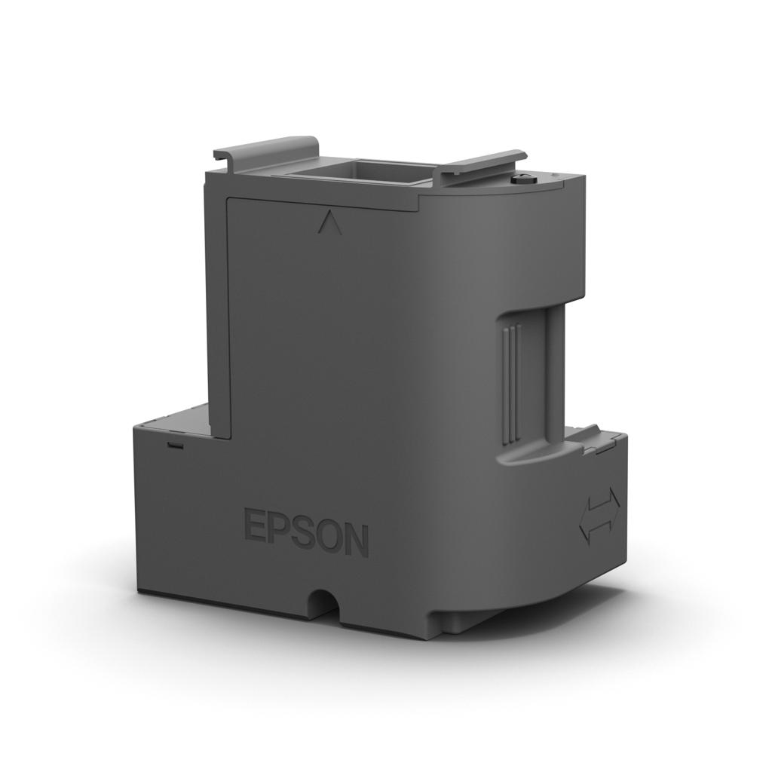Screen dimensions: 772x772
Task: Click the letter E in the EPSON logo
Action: pyautogui.click(x=255, y=525)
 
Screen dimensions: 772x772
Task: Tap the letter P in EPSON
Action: pyautogui.click(x=277, y=528)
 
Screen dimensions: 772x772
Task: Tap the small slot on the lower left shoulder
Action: pyautogui.click(x=175, y=443)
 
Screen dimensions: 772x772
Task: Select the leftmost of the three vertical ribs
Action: pyautogui.click(x=503, y=384)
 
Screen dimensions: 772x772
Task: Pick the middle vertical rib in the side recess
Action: pyautogui.click(x=510, y=384)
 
